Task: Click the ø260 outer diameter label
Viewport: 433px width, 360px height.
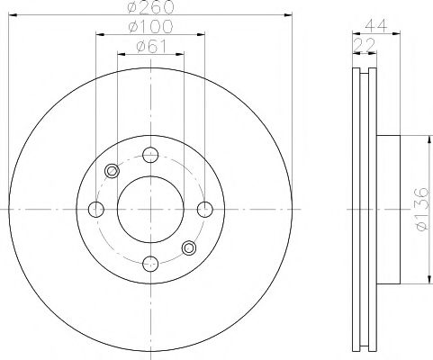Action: pos(151,7)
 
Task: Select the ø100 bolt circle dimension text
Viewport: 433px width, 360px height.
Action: pos(151,28)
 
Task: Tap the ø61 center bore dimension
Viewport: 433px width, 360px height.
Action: pos(151,47)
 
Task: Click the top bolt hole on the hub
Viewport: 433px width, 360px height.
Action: pos(151,156)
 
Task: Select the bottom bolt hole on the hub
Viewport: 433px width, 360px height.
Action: pos(151,263)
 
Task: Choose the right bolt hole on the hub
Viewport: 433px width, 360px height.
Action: pos(204,210)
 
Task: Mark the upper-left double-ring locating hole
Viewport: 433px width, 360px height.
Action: pos(113,171)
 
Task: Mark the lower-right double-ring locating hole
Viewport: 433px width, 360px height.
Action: pos(189,247)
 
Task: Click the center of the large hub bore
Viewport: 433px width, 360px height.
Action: pos(151,210)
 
